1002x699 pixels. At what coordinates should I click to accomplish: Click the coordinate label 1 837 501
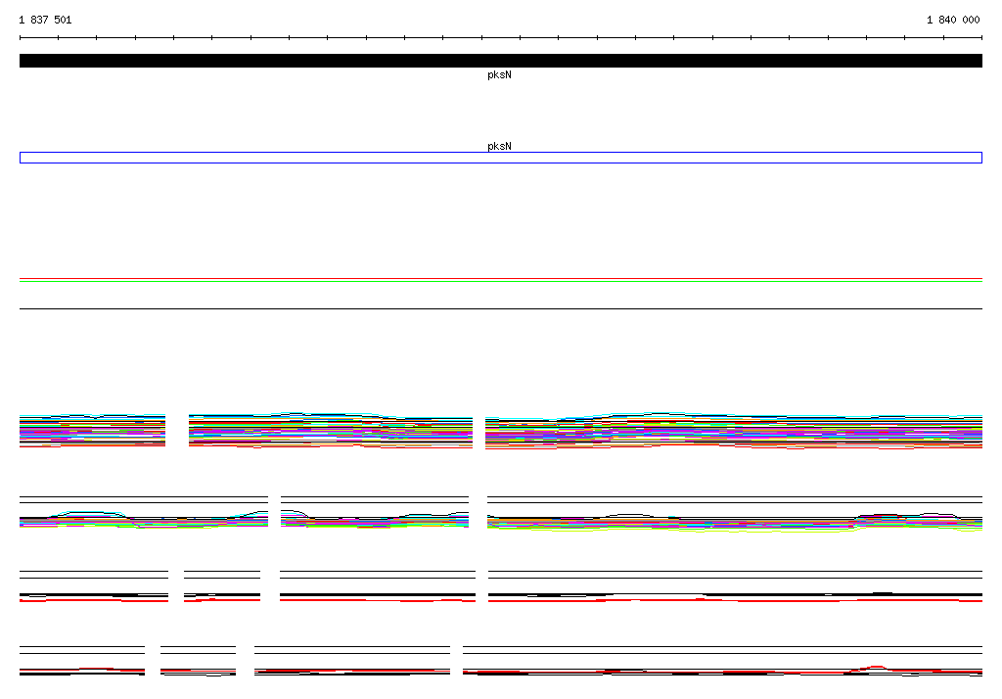point(45,20)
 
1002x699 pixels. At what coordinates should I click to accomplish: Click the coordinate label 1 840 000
point(953,20)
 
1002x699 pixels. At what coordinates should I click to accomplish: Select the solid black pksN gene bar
point(501,61)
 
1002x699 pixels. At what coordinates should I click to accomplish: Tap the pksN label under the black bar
point(499,74)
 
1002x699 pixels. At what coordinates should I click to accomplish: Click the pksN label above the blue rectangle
point(499,146)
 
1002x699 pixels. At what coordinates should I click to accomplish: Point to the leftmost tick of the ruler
point(20,38)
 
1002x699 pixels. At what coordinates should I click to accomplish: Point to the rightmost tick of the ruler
point(981,38)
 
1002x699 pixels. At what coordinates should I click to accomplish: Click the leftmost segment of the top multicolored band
point(93,431)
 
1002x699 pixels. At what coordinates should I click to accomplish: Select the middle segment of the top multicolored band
point(331,431)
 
